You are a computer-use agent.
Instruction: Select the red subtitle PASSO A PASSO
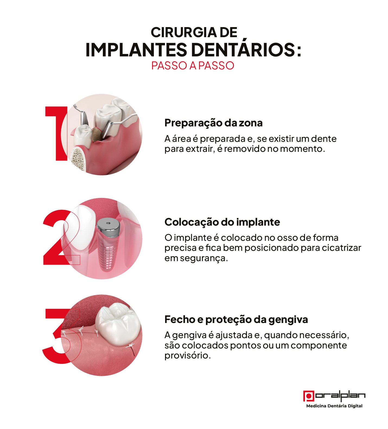tap(193, 66)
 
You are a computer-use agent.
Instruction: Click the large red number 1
tap(57, 133)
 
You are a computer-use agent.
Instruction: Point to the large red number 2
tap(58, 237)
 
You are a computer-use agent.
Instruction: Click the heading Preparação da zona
tap(214, 123)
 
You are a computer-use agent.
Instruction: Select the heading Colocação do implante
tap(222, 222)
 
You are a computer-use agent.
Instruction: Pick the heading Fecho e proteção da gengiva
tap(236, 319)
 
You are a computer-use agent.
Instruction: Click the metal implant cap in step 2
tap(108, 227)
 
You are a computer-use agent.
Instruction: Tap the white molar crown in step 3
tap(118, 324)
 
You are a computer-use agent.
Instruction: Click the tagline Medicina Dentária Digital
tap(334, 406)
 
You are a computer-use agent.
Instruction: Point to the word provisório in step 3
tap(187, 355)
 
